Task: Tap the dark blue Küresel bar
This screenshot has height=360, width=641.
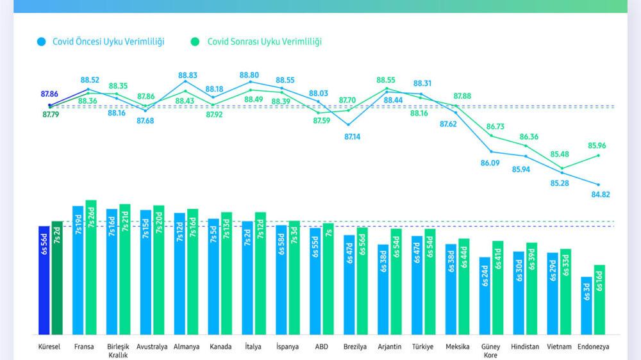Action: click(44, 280)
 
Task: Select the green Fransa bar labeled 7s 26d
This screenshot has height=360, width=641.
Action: click(91, 267)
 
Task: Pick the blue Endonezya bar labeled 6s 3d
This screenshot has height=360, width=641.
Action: click(587, 306)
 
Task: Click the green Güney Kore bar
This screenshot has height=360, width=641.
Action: click(498, 288)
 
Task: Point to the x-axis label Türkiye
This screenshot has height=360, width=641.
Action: click(423, 347)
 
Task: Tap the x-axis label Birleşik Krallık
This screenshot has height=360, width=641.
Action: click(118, 350)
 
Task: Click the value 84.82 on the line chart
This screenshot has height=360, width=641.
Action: click(601, 195)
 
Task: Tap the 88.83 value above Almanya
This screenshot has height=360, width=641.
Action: click(185, 74)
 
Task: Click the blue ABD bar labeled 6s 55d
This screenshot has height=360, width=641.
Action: click(315, 281)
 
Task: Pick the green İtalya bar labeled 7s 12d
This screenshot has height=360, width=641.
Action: click(260, 273)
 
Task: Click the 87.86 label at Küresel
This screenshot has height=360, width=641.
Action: click(49, 94)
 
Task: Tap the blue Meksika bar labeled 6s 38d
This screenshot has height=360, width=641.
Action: click(451, 289)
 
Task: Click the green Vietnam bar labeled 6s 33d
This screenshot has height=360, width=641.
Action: click(565, 291)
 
